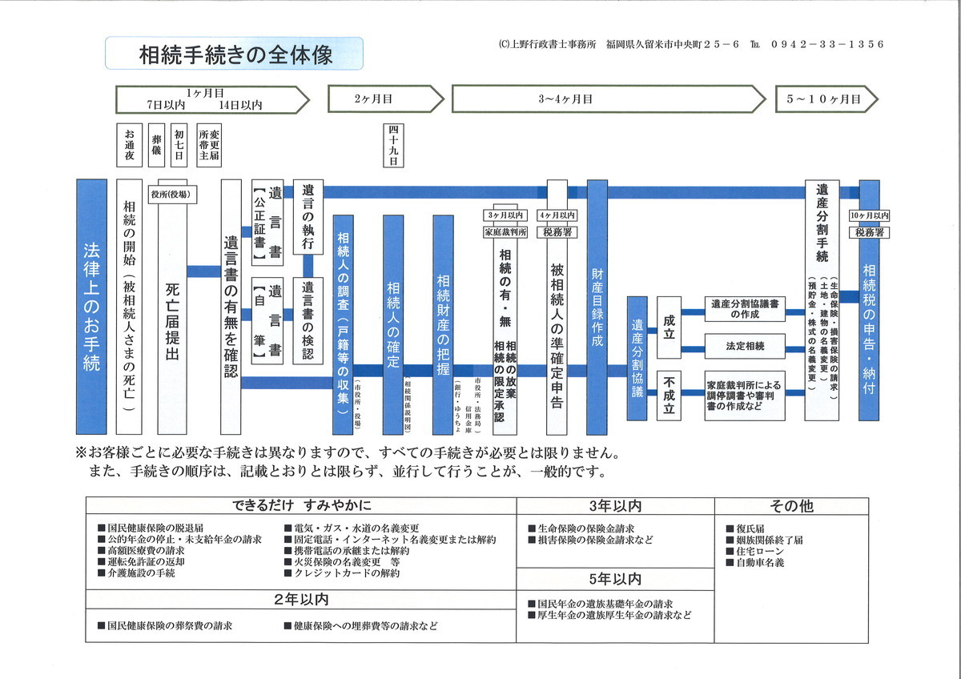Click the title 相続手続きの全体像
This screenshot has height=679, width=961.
(x=235, y=54)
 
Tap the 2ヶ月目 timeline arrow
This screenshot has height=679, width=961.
(x=384, y=99)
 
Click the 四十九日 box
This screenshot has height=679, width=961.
(x=392, y=145)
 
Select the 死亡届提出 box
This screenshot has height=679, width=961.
(x=172, y=312)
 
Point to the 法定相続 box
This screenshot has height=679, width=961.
(x=745, y=347)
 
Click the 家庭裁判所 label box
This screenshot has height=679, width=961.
(x=505, y=232)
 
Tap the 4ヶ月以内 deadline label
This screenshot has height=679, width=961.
(x=557, y=215)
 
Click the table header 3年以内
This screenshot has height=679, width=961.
(x=615, y=506)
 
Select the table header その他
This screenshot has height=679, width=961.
(x=791, y=506)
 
